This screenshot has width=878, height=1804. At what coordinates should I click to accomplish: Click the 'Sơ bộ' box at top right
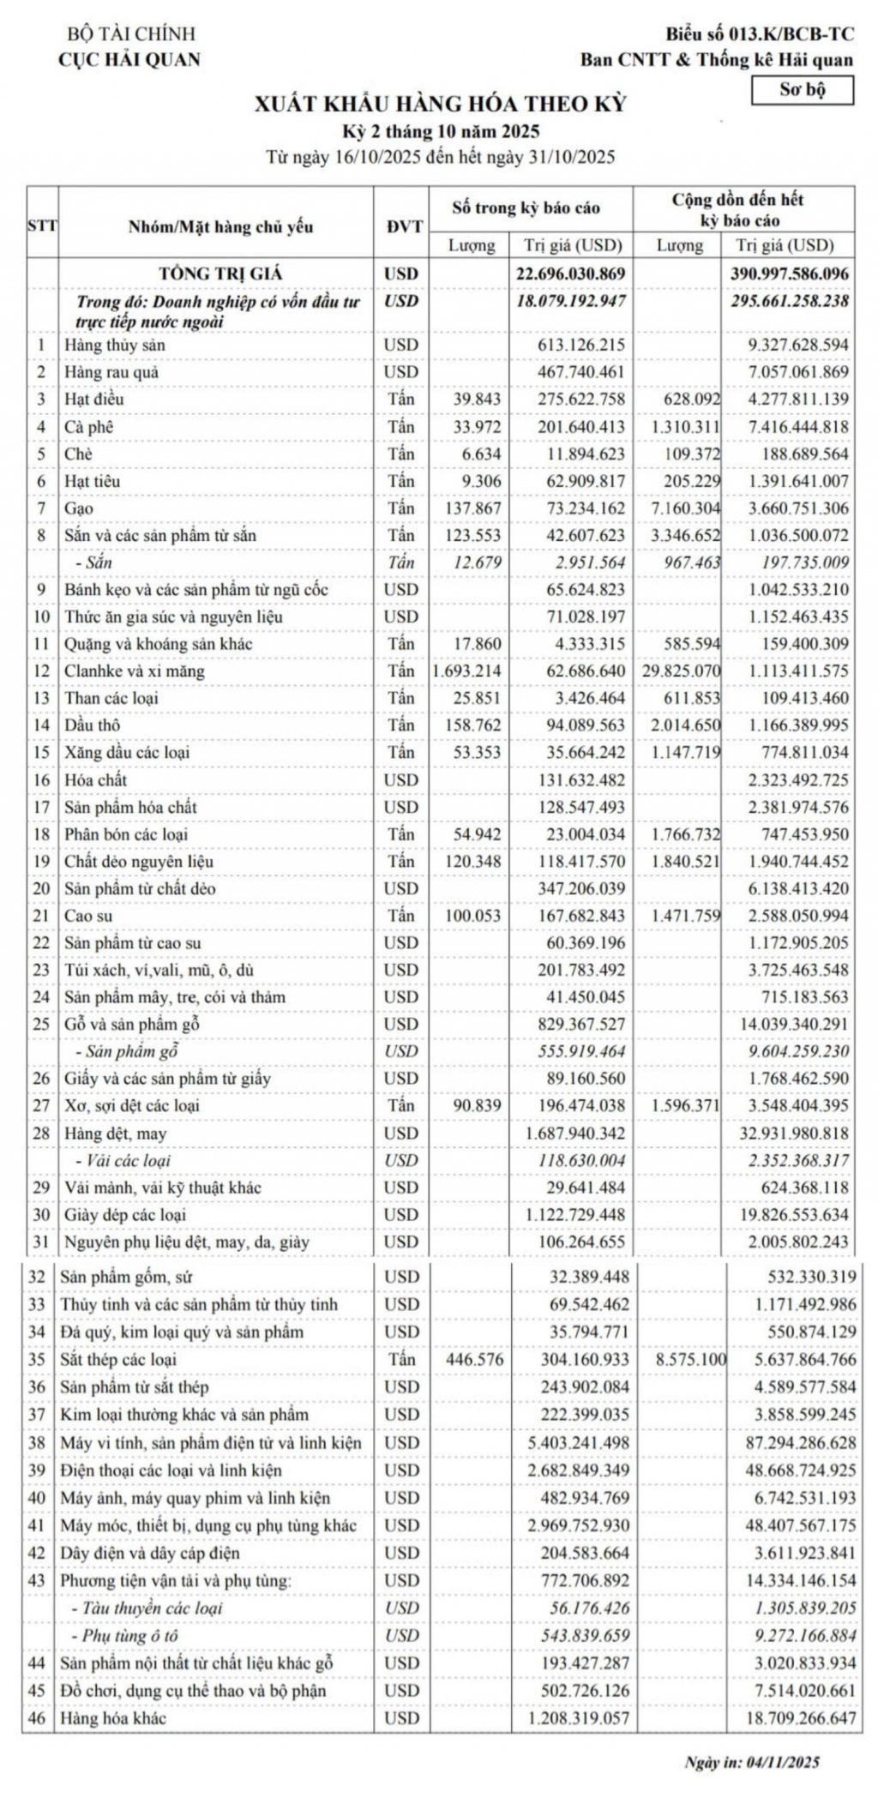[802, 90]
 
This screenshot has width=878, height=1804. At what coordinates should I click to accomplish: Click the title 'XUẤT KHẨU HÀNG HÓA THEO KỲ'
[441, 105]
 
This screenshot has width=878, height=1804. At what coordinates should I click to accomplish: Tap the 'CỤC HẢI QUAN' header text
[129, 59]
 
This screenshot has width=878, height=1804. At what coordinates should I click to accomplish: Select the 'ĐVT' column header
[402, 226]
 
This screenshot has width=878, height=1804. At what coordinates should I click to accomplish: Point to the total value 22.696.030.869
[571, 274]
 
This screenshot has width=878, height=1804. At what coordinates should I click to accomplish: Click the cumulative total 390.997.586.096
[786, 274]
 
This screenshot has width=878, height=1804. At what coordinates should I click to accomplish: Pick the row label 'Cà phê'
[89, 426]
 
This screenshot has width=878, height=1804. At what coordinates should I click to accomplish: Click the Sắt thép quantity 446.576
[475, 1359]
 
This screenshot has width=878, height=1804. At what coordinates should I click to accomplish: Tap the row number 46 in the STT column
[37, 1718]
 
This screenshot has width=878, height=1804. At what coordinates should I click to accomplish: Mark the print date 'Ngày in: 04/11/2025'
[752, 1763]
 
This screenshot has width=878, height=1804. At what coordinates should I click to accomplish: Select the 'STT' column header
[42, 226]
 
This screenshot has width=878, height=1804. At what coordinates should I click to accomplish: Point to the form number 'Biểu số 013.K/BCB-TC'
[760, 34]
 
